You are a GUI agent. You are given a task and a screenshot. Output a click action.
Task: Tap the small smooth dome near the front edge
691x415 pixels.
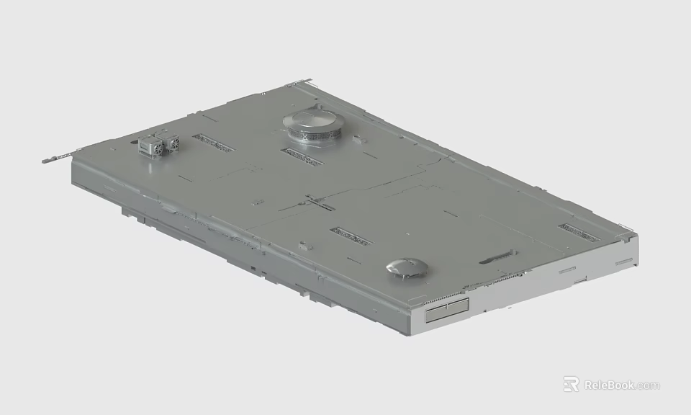pyautogui.click(x=407, y=267)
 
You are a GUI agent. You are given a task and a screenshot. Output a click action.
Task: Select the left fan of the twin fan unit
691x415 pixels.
pyautogui.click(x=153, y=146)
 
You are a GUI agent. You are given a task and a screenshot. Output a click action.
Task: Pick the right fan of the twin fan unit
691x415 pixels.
pyautogui.click(x=171, y=144)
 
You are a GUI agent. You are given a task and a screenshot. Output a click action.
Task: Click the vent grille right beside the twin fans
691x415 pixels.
pyautogui.click(x=213, y=143)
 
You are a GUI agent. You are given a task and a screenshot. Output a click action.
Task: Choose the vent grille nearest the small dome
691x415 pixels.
pyautogui.click(x=351, y=236)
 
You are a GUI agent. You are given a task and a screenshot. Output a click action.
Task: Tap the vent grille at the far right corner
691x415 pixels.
pyautogui.click(x=579, y=232)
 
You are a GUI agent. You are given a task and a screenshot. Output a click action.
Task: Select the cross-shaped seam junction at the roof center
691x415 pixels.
pyautogui.click(x=315, y=202)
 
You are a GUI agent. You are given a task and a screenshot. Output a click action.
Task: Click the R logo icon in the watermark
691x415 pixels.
pyautogui.click(x=571, y=384)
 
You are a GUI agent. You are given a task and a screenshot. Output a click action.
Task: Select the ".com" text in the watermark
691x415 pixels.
pyautogui.click(x=648, y=385)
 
